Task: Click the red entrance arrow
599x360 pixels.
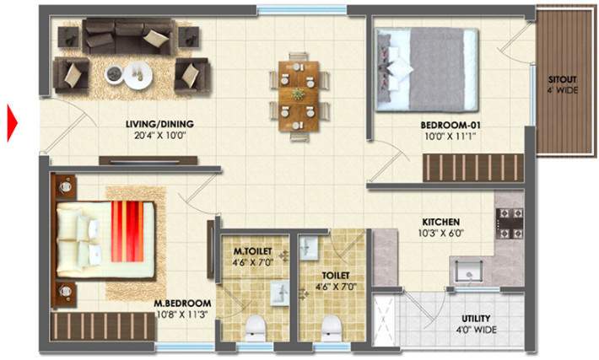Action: coord(13,122)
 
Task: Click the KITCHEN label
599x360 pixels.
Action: coord(440,223)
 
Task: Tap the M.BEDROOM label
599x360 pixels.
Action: coord(182,304)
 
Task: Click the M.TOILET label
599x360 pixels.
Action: coord(252,251)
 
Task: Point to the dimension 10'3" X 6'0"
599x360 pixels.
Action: coord(440,234)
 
